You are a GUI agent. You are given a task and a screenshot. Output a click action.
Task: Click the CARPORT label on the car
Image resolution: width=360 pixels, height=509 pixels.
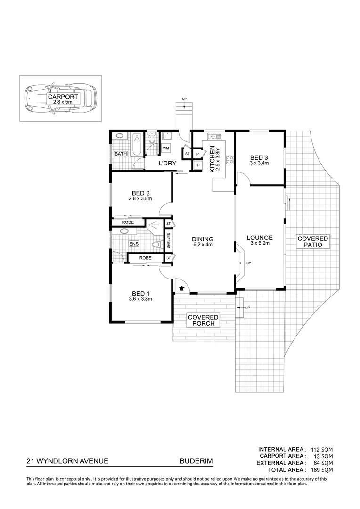[x=60, y=98]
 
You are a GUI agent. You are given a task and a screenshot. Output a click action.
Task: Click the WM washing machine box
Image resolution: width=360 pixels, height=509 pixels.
[x=166, y=148]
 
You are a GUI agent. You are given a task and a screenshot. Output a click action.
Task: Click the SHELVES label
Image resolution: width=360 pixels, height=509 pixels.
[x=169, y=241]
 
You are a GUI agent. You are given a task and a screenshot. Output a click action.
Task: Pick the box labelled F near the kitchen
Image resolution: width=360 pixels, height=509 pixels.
[x=197, y=165]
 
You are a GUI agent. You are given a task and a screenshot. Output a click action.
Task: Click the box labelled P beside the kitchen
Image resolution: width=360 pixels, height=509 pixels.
[x=197, y=154]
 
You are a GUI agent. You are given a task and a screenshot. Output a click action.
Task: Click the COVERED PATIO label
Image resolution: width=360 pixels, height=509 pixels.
[x=312, y=242]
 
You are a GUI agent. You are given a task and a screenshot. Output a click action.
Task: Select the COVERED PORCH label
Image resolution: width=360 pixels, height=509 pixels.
[x=203, y=320]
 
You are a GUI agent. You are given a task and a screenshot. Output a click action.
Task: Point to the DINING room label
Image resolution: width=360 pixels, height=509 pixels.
[x=203, y=239]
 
